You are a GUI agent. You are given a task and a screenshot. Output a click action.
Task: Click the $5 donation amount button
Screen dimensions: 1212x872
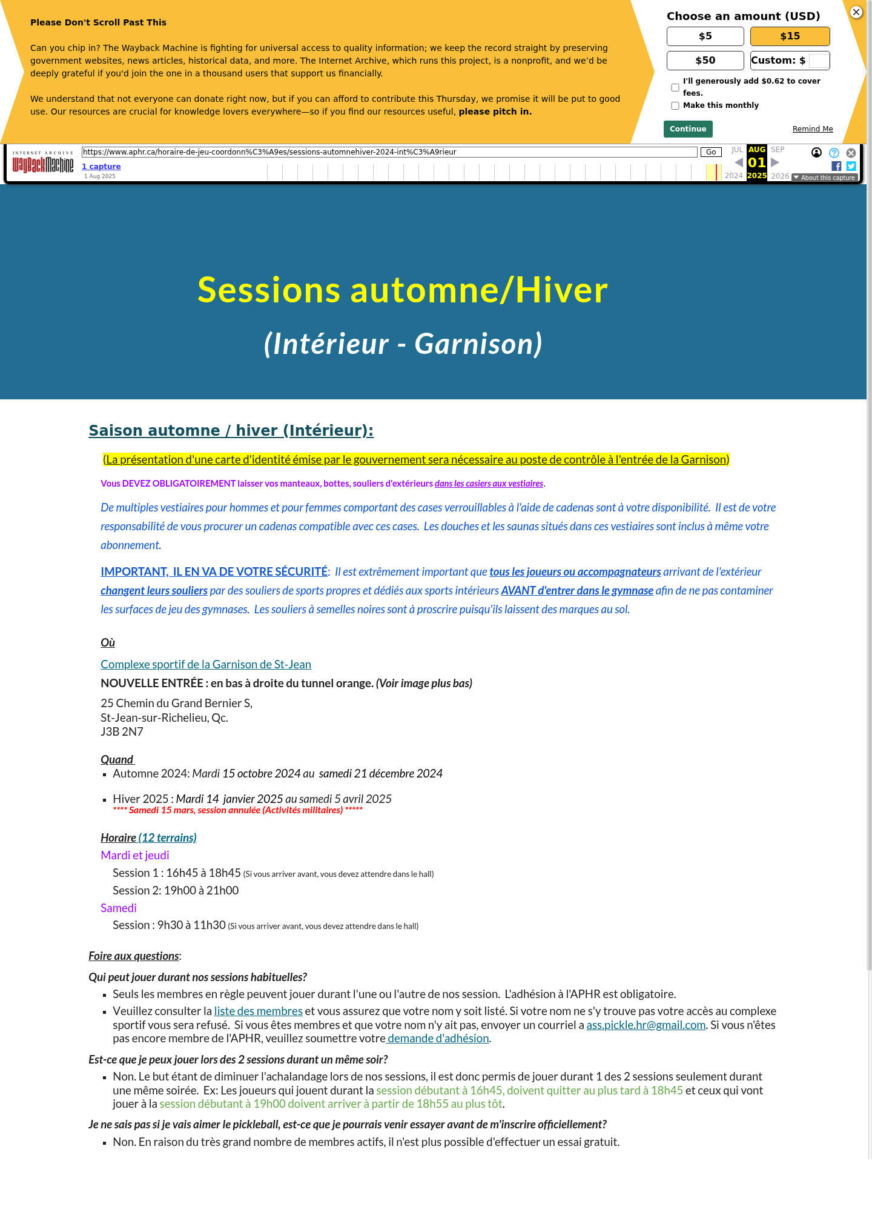[705, 36]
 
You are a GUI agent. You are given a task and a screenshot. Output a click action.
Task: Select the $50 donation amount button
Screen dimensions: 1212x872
[705, 61]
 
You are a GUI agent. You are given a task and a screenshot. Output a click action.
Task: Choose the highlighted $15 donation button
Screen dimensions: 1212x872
[790, 36]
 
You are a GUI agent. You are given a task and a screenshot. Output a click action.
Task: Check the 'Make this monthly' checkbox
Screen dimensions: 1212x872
[675, 106]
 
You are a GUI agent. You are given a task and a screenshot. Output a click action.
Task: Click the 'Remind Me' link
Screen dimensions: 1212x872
[813, 129]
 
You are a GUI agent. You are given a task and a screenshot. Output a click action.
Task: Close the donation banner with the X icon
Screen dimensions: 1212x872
[856, 12]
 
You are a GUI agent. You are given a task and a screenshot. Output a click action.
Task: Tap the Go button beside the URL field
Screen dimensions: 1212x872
[711, 152]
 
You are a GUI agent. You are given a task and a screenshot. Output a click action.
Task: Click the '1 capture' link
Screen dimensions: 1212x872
[101, 167]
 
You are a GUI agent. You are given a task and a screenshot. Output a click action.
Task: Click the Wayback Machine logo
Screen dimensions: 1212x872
[43, 164]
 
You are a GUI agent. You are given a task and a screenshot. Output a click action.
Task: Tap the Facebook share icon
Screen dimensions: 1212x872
[836, 166]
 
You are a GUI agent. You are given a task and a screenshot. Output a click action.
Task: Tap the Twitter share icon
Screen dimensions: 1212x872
[851, 166]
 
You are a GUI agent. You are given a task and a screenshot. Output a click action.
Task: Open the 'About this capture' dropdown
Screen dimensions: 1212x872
[825, 178]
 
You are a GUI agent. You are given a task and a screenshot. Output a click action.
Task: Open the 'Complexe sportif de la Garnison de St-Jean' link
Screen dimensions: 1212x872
[206, 665]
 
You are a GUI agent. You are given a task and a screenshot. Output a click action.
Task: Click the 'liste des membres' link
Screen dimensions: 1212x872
[258, 1011]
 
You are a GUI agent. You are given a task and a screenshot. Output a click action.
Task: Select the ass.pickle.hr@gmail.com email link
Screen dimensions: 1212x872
[646, 1025]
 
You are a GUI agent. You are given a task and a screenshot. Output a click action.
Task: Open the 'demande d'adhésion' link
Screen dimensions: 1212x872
[438, 1039]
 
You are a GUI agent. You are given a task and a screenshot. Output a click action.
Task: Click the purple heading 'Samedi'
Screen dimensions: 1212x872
[119, 908]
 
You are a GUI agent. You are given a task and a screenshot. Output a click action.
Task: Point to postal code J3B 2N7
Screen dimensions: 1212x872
[122, 732]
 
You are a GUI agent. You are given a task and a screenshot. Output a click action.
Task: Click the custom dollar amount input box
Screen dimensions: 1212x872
[819, 61]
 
